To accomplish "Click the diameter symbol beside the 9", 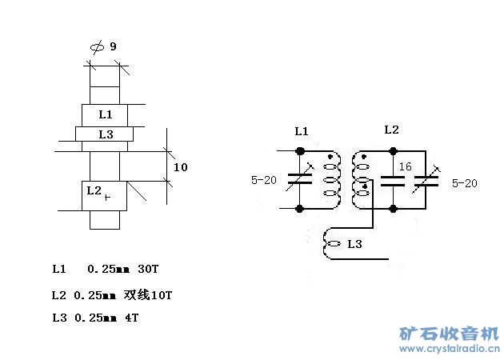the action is [97, 47].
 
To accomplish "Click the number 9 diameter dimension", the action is [113, 46].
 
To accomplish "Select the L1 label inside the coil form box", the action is [106, 114].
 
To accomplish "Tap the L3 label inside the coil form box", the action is [106, 134].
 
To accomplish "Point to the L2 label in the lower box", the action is [94, 190].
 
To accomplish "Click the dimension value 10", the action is [180, 167].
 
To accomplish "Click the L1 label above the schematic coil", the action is [302, 131].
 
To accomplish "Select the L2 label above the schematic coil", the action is [391, 130].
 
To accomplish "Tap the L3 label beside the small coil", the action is [355, 244].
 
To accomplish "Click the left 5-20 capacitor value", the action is [264, 180].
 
